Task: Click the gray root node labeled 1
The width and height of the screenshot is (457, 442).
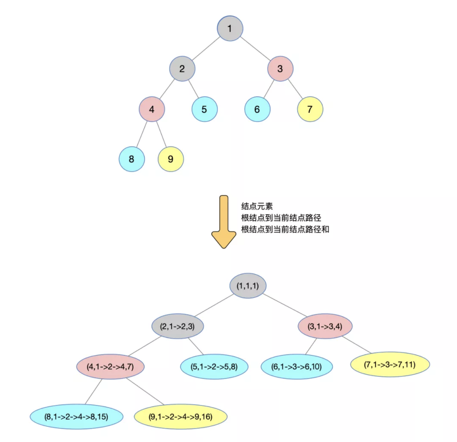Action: tap(230, 28)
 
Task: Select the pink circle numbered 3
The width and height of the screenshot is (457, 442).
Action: tap(280, 69)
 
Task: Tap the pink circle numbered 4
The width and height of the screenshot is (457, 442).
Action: tap(152, 109)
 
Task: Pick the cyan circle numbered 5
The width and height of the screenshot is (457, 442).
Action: tap(205, 109)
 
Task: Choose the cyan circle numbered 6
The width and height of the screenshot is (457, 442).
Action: tap(257, 109)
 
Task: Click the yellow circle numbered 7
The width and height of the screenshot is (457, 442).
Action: tap(310, 109)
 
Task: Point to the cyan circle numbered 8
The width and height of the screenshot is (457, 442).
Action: tap(132, 159)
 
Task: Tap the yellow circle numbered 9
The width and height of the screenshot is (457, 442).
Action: tap(171, 159)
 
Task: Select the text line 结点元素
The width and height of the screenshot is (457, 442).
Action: tap(257, 206)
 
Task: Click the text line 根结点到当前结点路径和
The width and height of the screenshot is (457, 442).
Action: tap(285, 229)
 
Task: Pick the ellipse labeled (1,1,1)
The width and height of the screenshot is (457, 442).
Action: tap(248, 286)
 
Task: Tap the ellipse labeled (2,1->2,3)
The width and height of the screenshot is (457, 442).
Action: tap(177, 326)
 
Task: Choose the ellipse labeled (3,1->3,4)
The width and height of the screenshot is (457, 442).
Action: tap(325, 326)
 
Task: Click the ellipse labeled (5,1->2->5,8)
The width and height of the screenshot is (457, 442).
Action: tap(214, 367)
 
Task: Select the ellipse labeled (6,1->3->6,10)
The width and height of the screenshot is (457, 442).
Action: tap(297, 367)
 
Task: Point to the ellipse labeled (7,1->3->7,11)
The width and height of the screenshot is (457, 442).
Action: tap(390, 364)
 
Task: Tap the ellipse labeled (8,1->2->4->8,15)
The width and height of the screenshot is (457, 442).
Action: tap(76, 417)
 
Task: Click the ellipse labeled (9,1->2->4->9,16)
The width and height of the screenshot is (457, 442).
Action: tap(181, 417)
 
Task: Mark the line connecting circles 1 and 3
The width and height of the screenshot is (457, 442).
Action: tap(255, 48)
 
